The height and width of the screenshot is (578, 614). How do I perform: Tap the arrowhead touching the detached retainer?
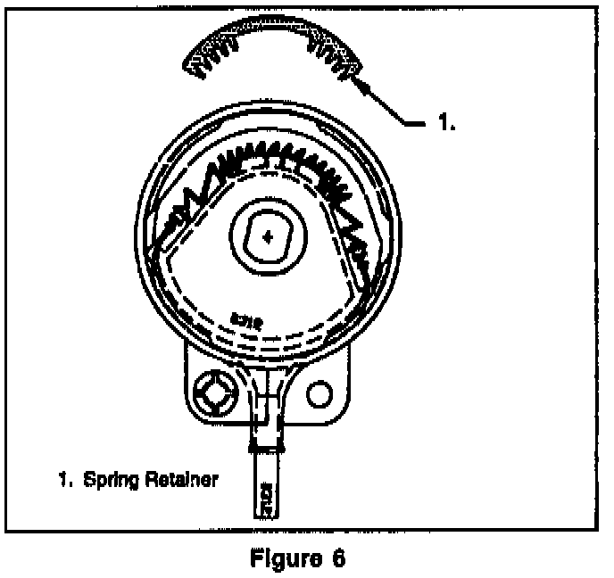(x=363, y=86)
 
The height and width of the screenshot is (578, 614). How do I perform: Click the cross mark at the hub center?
(x=269, y=236)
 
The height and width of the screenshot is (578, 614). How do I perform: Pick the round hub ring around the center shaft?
(x=269, y=259)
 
